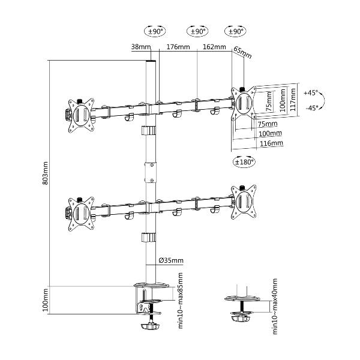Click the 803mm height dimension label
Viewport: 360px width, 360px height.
pos(46,173)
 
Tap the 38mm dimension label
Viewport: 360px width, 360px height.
pos(141,47)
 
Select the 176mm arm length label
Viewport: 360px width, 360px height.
pos(178,47)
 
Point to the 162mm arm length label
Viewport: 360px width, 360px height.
pos(214,47)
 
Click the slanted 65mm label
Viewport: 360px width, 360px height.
pos(242,52)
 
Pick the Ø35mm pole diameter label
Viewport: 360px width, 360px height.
pos(171,260)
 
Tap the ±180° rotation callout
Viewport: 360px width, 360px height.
pos(244,162)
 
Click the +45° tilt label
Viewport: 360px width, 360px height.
pos(311,93)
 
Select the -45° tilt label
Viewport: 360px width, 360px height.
pos(312,107)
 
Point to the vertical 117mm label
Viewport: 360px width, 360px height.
pos(293,100)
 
